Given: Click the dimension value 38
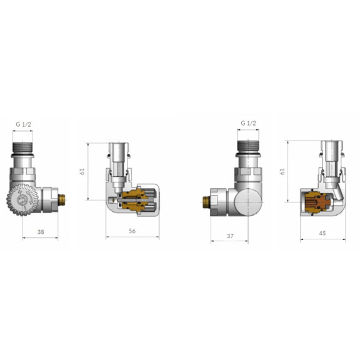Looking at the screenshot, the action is click(x=41, y=232).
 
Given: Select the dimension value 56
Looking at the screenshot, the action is click(x=132, y=231).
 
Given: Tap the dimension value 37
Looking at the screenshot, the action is click(x=230, y=236).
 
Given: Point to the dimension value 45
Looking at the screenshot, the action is click(x=322, y=233).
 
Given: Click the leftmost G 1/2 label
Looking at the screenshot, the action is click(x=23, y=124).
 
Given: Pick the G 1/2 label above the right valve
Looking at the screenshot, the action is click(x=248, y=123).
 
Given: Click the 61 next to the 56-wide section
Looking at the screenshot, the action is click(x=82, y=171).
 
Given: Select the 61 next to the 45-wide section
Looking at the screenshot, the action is click(x=282, y=171).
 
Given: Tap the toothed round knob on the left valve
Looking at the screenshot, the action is click(x=22, y=200).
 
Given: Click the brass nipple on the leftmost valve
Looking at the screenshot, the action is click(x=62, y=200).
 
